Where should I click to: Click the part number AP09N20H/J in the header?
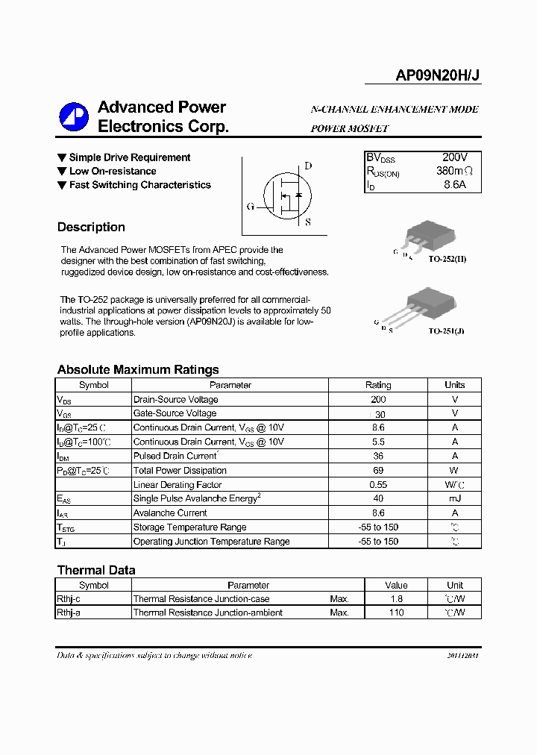pos(438,75)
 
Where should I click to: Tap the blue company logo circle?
pos(74,116)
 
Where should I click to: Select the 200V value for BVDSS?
pos(454,157)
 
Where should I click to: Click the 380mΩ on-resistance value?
pos(454,171)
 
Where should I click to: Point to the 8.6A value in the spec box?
pos(454,184)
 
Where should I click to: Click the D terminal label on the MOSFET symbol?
pos(308,166)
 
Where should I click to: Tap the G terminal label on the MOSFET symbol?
pos(250,206)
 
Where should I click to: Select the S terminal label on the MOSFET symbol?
pos(308,222)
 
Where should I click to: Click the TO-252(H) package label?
pos(447,258)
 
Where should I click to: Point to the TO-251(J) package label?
pos(446,330)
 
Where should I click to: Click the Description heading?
pos(91,227)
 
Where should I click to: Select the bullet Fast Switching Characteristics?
pos(139,185)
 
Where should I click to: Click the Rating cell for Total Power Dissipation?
pos(378,471)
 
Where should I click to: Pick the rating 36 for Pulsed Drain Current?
pos(378,456)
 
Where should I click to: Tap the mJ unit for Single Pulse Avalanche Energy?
pos(454,498)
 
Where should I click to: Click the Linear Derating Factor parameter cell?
pos(178,485)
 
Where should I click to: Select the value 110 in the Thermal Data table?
pos(396,613)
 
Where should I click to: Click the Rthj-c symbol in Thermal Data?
pos(69,599)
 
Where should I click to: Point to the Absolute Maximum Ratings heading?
pos(138,369)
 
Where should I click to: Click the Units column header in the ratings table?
pos(454,385)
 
